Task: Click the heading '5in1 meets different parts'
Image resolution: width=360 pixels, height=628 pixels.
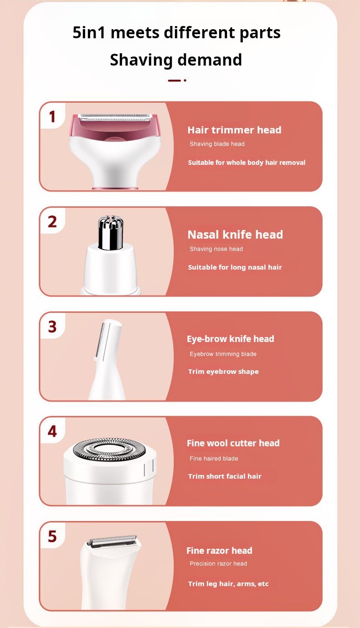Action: (x=176, y=32)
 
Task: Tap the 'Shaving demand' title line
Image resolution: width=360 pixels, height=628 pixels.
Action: (x=176, y=60)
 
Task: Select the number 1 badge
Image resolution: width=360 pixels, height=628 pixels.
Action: (x=52, y=116)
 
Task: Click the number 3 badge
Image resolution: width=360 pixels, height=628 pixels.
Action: (x=52, y=327)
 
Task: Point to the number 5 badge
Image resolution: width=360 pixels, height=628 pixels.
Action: (x=52, y=536)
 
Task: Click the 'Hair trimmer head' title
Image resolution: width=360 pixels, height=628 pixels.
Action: (x=234, y=130)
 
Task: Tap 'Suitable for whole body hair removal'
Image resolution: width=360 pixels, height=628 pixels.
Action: (x=247, y=163)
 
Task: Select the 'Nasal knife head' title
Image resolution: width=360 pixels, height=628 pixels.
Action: (x=235, y=235)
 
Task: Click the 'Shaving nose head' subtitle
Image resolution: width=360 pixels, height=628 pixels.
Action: (x=216, y=249)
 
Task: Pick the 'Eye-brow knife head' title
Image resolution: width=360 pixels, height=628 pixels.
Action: (x=231, y=339)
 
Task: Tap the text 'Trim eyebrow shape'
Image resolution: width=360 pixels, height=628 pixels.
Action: (x=223, y=372)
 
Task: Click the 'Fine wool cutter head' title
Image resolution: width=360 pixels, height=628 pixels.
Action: (x=233, y=443)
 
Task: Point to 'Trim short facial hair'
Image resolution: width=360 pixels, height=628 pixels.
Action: (x=225, y=476)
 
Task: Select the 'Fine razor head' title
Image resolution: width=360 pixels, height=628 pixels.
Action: (x=219, y=550)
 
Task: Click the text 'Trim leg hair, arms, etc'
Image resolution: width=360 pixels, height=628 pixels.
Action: (x=228, y=583)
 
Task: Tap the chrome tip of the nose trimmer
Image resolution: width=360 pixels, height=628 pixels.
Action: (x=111, y=232)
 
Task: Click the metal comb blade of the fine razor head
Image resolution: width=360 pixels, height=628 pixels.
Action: (x=112, y=540)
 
